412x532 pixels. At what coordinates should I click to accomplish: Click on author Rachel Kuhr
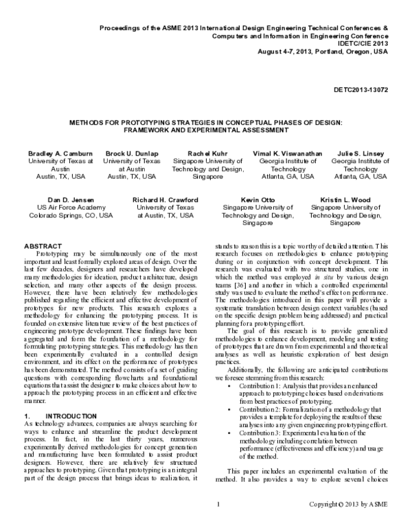pyautogui.click(x=207, y=154)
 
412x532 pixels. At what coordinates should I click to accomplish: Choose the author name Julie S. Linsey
pyautogui.click(x=360, y=154)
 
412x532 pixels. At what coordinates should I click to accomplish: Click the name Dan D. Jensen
pyautogui.click(x=66, y=199)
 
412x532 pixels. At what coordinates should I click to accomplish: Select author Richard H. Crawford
pyautogui.click(x=165, y=199)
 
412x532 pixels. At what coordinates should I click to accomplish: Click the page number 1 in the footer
pyautogui.click(x=217, y=524)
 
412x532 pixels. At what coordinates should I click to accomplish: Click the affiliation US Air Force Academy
pyautogui.click(x=66, y=207)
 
